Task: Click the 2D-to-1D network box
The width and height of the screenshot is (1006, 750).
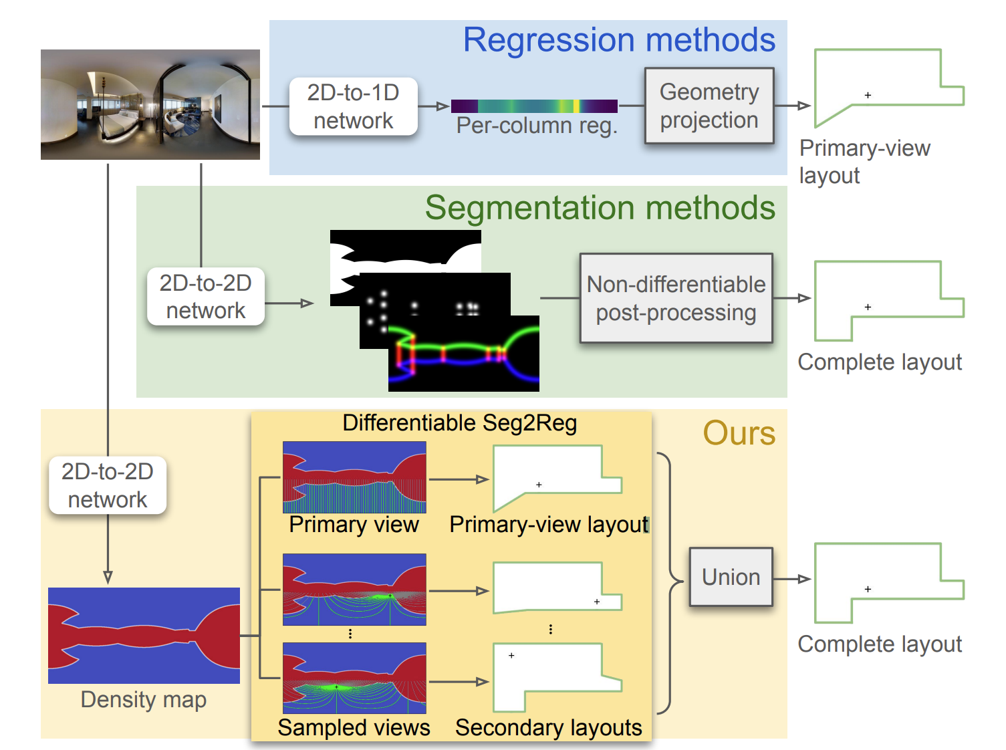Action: pos(353,106)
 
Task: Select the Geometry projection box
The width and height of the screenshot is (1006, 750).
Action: pos(709,106)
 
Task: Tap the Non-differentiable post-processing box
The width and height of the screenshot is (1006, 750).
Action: pos(676,298)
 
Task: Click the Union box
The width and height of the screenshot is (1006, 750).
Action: pos(731,577)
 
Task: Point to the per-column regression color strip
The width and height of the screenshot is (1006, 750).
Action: pos(534,106)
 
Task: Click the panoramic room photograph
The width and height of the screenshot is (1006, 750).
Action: pos(150,104)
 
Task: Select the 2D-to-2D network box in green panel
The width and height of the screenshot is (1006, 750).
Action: pos(205,297)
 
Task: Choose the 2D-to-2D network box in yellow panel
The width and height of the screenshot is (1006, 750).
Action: pos(108,485)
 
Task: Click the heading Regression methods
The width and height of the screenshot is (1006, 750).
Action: pos(619,40)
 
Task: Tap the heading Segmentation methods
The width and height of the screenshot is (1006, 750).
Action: pos(600,208)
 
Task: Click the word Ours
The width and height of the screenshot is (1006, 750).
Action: pos(739,433)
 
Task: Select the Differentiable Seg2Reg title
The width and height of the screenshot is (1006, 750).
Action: pos(459,423)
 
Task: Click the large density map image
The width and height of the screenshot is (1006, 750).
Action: pos(144,635)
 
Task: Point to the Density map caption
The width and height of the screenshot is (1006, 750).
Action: pos(144,699)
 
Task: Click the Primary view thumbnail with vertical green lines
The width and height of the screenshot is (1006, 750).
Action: pos(354,477)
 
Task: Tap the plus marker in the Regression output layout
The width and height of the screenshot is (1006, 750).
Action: pos(868,96)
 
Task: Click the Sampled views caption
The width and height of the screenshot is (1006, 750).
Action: pos(354,727)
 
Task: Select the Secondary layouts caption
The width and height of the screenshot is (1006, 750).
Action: pos(548,727)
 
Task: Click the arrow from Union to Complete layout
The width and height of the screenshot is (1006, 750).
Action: pos(793,579)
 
